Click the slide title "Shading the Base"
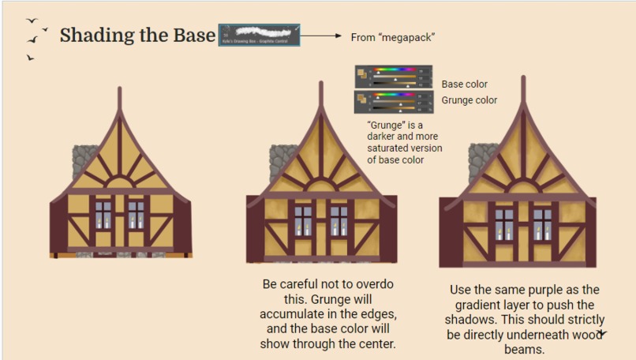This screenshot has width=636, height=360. [x=137, y=36]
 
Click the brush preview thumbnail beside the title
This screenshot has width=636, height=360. [x=260, y=36]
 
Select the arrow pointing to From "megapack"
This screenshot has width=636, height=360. [x=320, y=36]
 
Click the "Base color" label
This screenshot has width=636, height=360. [x=464, y=84]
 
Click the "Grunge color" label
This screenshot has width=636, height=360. [x=469, y=100]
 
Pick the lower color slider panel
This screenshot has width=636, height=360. [x=393, y=102]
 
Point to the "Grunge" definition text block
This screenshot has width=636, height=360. [x=404, y=142]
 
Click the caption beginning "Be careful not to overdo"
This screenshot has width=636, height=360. [x=327, y=313]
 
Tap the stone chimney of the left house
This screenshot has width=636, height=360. [x=84, y=163]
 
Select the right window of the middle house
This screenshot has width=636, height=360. [x=339, y=221]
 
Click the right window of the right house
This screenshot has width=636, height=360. [x=542, y=224]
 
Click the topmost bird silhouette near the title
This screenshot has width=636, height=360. [x=32, y=21]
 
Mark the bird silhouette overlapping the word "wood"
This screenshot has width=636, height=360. [x=602, y=334]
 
